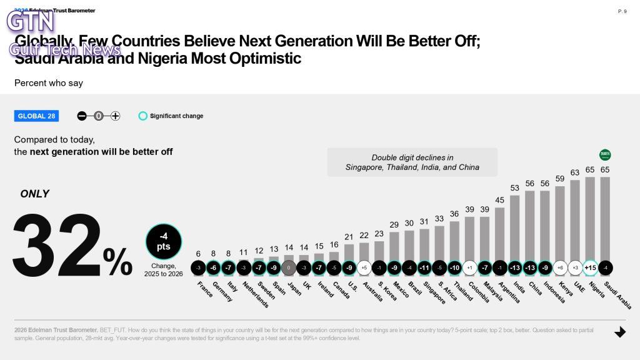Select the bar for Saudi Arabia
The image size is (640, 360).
(x=605, y=218)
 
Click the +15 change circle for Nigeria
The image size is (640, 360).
(x=590, y=267)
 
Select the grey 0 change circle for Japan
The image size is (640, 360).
(x=289, y=267)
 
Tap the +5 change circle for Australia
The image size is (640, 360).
(x=364, y=267)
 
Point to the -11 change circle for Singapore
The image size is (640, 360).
(x=424, y=267)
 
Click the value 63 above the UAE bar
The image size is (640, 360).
(x=575, y=172)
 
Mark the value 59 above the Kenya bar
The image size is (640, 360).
(x=560, y=178)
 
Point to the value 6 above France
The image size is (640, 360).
(x=198, y=254)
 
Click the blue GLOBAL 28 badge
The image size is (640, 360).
(x=36, y=116)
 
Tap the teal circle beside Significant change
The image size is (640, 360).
(x=143, y=116)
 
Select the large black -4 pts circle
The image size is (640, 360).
(x=164, y=241)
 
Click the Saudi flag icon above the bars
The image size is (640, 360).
(x=605, y=155)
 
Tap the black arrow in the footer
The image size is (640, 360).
(x=620, y=332)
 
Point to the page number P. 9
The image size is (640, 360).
(x=622, y=11)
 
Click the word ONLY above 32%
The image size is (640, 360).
(x=35, y=194)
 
